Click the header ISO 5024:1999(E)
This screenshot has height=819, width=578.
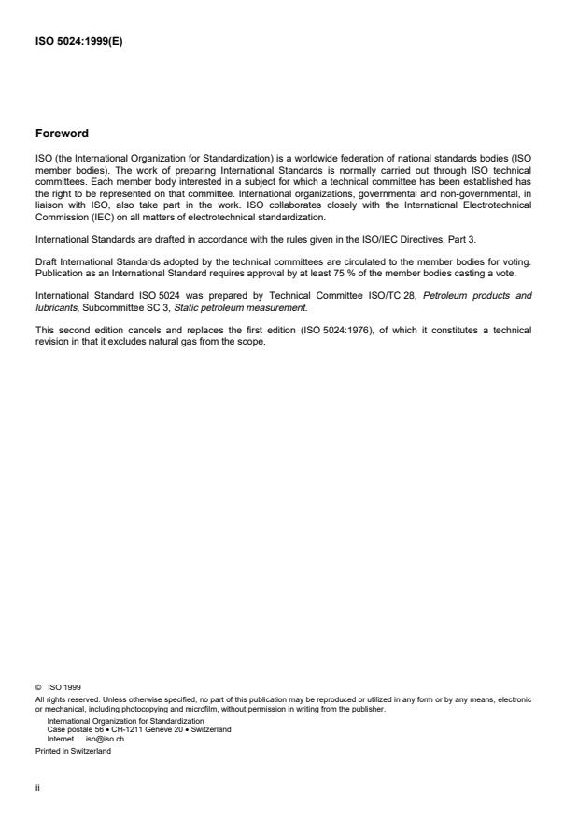click(78, 40)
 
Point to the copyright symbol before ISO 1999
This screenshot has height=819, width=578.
click(38, 687)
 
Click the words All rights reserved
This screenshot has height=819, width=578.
click(63, 698)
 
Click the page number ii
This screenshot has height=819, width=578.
click(37, 786)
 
